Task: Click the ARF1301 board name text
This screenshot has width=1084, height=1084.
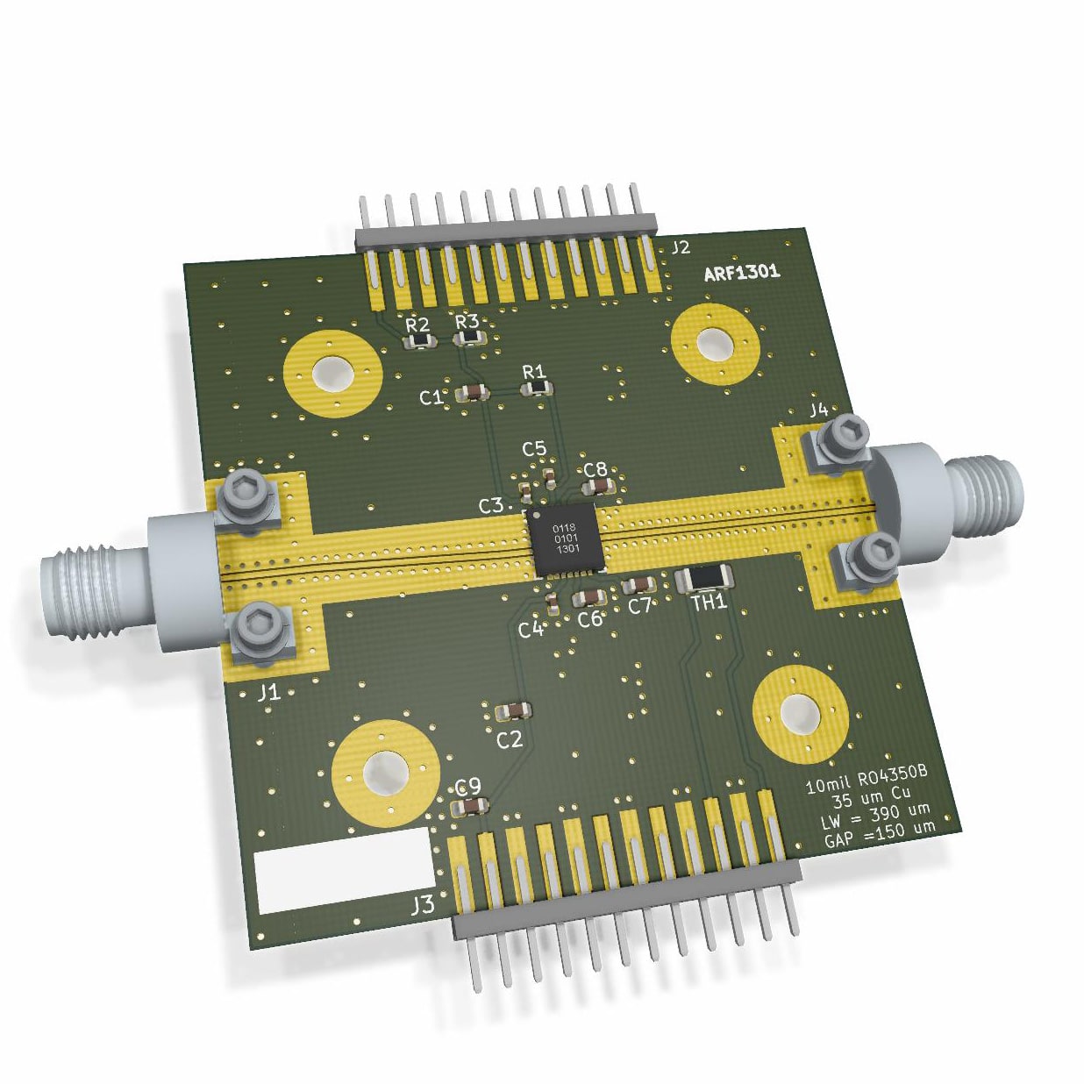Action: pyautogui.click(x=742, y=272)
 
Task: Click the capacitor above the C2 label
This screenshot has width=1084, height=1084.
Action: pyautogui.click(x=514, y=711)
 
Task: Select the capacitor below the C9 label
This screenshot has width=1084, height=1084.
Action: pyautogui.click(x=471, y=807)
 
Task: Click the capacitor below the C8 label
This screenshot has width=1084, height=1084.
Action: pyautogui.click(x=598, y=486)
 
